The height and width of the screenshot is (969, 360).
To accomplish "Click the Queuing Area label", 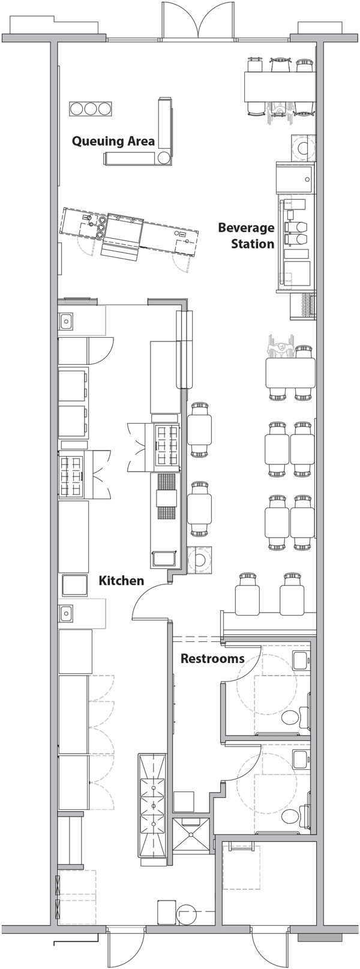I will (x=113, y=141).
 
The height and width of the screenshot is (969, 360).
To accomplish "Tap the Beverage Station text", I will (x=246, y=235).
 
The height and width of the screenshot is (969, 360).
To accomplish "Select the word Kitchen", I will (x=121, y=580).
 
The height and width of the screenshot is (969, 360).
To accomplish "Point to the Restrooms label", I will (x=212, y=658).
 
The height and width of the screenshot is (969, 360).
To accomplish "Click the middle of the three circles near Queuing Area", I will (x=91, y=109).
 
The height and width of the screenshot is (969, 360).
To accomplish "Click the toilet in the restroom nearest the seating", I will (x=292, y=716).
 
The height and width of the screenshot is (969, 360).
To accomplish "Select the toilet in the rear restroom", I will (x=292, y=815).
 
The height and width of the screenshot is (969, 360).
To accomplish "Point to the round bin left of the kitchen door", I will (x=199, y=560).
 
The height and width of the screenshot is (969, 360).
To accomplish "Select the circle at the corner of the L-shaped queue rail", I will (x=163, y=158).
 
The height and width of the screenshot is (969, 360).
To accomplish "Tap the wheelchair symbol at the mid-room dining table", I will (x=278, y=349).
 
